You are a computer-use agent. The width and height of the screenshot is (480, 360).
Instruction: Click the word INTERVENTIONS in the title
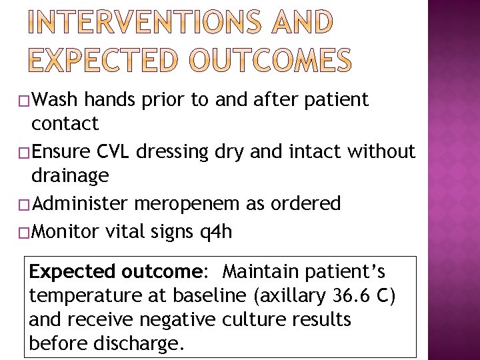(138, 23)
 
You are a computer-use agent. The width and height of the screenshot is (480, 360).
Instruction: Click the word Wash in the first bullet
(55, 100)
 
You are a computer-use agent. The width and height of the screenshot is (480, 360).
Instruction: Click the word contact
(65, 123)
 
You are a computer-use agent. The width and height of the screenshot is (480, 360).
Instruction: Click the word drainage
(70, 176)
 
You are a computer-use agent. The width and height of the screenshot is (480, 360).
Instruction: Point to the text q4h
(217, 232)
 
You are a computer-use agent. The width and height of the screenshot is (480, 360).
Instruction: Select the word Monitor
(64, 231)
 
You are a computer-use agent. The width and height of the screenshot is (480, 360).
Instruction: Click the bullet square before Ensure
(25, 153)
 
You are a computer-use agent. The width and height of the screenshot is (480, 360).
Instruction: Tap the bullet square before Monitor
(25, 233)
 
